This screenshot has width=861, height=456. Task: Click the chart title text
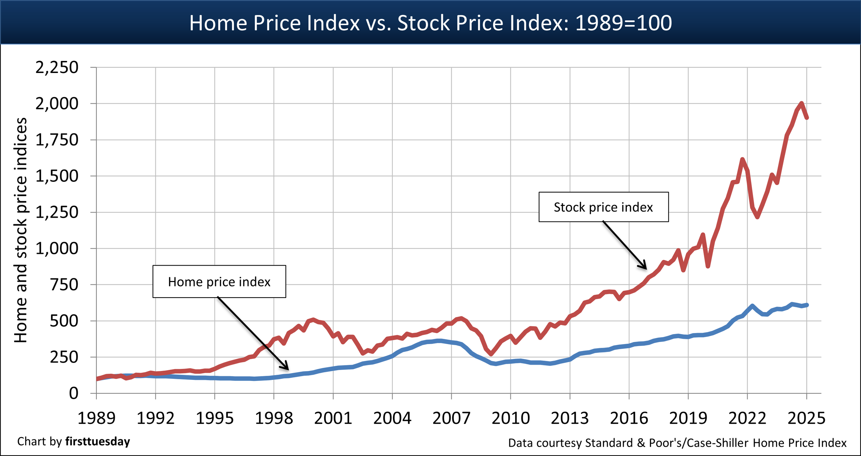(x=430, y=23)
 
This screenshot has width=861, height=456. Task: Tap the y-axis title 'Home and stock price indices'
(x=21, y=230)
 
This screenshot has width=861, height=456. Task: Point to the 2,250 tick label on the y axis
(x=57, y=67)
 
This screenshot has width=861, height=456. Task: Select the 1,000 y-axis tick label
(x=57, y=248)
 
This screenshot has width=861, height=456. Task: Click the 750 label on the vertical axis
(x=64, y=285)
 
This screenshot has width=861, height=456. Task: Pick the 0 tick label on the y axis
(x=73, y=393)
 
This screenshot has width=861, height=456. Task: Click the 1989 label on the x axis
(x=96, y=418)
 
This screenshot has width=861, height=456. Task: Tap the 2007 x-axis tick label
(x=451, y=418)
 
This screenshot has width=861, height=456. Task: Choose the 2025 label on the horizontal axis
(x=806, y=418)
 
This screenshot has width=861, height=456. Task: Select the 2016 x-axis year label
(x=629, y=418)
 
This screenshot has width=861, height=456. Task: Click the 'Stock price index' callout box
(x=603, y=207)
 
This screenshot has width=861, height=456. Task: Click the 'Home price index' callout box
(x=219, y=282)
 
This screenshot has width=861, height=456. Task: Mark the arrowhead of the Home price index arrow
(x=287, y=368)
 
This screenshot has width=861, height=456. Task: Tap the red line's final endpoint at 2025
(x=807, y=118)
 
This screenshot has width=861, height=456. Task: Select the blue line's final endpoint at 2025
(x=807, y=305)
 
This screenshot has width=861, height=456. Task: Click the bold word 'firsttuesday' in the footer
(x=98, y=442)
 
